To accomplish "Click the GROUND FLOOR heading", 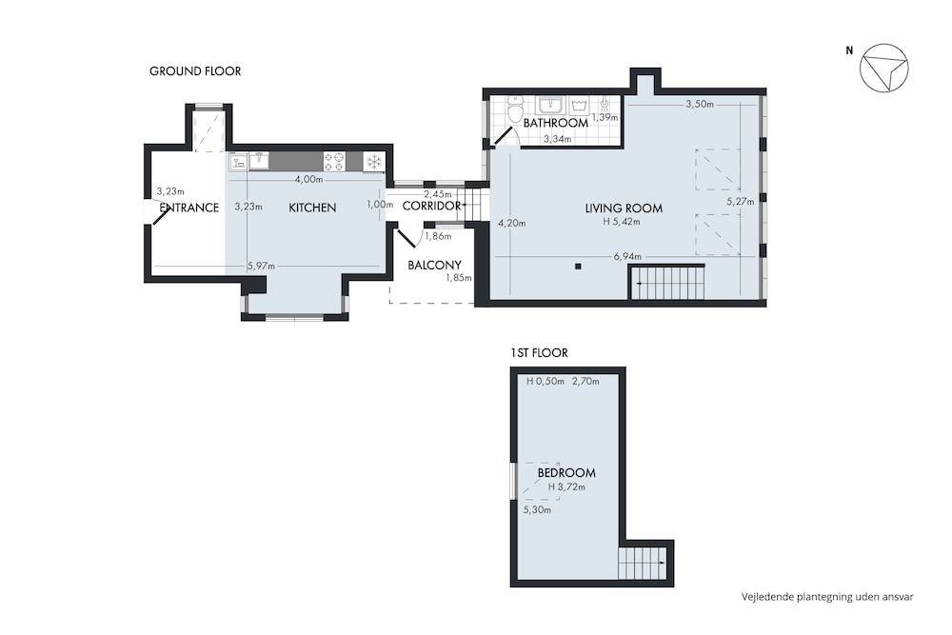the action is tap(195, 71).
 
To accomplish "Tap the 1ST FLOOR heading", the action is tap(539, 352).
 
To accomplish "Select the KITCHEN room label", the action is tap(312, 208).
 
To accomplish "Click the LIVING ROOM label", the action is tap(624, 208).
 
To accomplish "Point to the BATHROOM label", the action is tap(556, 123).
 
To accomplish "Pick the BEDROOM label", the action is tap(566, 472).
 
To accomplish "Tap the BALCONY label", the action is tap(434, 265).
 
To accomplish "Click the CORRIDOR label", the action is tap(431, 206).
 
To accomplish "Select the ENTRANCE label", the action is tap(188, 208).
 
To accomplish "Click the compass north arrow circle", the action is tap(884, 68).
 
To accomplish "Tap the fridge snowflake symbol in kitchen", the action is tap(374, 162).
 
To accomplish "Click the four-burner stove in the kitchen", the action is tap(334, 162).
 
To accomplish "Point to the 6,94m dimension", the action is tap(627, 257).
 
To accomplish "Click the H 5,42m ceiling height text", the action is tap(621, 222).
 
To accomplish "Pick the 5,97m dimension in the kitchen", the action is tap(261, 266).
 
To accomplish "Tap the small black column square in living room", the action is tap(578, 266).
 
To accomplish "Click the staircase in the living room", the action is tap(667, 283).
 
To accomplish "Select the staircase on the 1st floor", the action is tap(643, 564).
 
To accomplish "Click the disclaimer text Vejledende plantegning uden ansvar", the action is tap(827, 597).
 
